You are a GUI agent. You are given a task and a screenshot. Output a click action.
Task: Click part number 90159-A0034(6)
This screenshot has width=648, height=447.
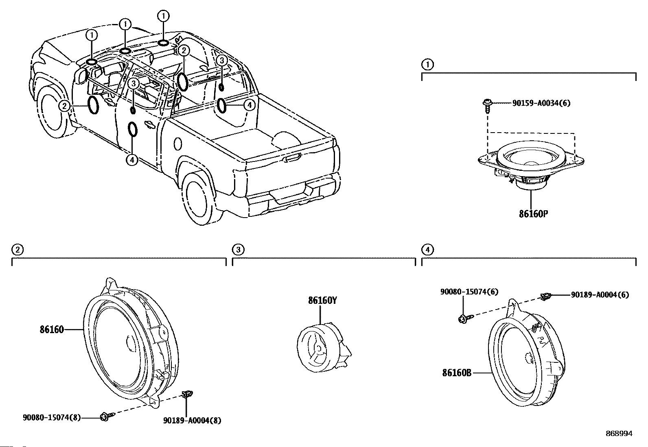point(541,103)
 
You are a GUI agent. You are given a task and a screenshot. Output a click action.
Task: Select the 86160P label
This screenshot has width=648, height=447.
point(534,214)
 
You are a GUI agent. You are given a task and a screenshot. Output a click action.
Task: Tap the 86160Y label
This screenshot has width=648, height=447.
point(322,301)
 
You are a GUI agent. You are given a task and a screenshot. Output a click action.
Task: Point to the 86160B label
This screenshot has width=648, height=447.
point(457,373)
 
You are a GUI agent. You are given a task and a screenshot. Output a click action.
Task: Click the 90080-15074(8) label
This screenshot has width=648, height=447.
point(52,417)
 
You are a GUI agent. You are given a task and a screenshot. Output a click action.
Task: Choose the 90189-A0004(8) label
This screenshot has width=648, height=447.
point(193,421)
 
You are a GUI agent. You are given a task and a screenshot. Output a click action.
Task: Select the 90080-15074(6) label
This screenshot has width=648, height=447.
point(469,292)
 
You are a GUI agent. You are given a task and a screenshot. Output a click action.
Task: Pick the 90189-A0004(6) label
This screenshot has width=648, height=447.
point(600,295)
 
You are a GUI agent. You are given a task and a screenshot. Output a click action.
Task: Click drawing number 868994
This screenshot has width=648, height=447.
point(619,434)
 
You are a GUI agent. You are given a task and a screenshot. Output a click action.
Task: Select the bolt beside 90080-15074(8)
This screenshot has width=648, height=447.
point(107,416)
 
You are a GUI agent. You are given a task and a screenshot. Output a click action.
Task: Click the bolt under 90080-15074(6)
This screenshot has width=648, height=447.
point(466,318)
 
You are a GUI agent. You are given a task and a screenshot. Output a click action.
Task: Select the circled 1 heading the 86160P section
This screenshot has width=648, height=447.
point(427,65)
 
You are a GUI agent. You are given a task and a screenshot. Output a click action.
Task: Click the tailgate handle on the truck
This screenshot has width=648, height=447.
point(292,158)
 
